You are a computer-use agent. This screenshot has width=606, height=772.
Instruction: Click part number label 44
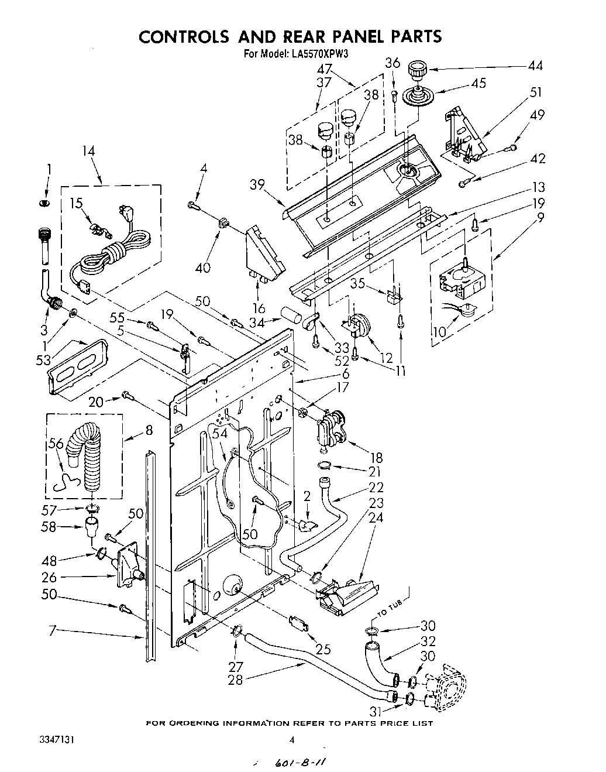535,66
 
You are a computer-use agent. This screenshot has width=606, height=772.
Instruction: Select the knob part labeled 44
418,71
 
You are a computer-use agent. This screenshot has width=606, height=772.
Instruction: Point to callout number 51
535,92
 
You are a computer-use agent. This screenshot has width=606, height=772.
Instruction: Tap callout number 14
88,151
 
